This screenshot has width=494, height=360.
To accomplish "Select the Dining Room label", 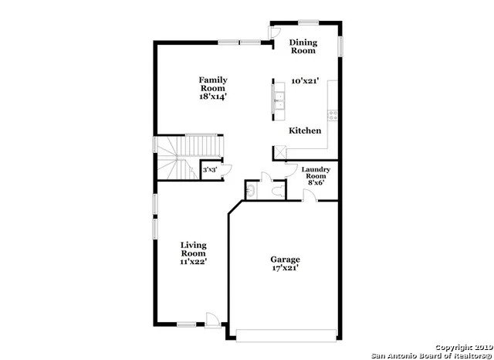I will point(303,46).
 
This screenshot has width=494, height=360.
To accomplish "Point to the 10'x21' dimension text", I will point(305,80).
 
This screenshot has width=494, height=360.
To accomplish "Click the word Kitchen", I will point(305,131).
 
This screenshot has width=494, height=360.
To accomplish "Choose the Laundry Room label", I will point(316,173).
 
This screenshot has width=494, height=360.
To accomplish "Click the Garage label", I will point(285,260).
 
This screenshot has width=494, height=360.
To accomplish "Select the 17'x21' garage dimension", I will point(285,269).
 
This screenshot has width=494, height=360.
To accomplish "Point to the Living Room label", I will point(193,250).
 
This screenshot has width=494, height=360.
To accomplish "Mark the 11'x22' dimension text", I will point(193,262).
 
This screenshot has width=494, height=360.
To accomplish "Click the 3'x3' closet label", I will point(208,169).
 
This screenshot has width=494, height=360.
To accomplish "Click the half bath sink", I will point(250,190).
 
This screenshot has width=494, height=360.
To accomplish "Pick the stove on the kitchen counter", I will point(333,115).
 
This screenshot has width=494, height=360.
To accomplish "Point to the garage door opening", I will point(286,335).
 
